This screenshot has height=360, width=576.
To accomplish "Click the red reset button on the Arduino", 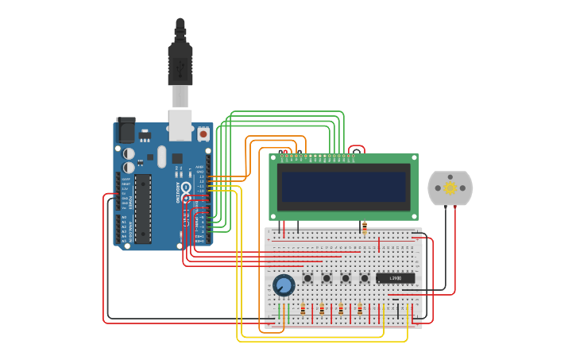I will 203,134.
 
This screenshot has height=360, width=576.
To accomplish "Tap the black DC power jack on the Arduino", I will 126,130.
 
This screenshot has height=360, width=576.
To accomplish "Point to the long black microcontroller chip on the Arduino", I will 143,209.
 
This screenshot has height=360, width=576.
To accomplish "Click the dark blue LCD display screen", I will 343,188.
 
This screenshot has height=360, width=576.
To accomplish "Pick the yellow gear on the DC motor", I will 450,188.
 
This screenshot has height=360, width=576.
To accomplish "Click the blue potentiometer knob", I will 283,285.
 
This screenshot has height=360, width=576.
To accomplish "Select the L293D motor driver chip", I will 395,278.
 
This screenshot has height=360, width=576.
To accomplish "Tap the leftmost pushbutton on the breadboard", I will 307,278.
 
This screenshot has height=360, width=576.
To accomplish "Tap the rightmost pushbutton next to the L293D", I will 365,278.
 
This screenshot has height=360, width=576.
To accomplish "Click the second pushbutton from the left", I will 327,278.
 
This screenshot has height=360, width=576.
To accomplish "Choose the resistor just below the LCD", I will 364,228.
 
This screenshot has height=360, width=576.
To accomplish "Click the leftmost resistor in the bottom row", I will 303,309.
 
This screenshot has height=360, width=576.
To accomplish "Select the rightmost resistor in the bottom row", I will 360,309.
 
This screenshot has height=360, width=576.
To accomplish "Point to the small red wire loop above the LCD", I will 357,148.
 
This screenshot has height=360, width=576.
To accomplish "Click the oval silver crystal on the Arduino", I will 162,157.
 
